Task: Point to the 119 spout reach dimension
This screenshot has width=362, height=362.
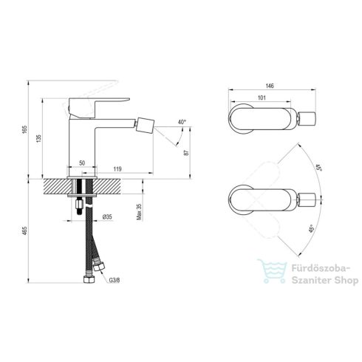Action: coord(117,170)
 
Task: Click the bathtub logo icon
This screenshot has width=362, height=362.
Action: coord(267,273)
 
